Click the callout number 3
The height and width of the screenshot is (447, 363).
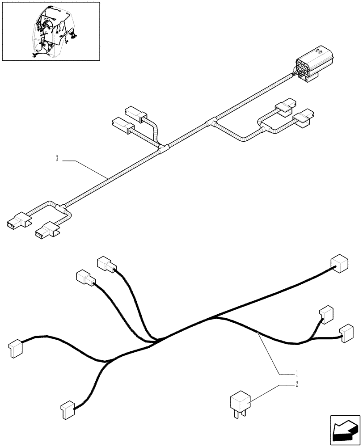(x=57, y=159)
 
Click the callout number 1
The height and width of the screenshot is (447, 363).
(x=295, y=373)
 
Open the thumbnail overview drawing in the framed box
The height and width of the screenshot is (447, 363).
(x=51, y=31)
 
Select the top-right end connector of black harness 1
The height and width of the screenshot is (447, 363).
(x=338, y=264)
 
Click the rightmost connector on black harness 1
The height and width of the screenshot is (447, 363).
(x=346, y=333)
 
